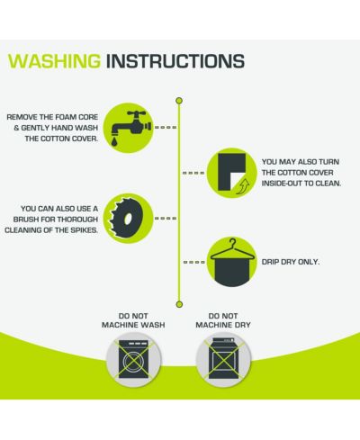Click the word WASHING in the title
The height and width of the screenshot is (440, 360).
(x=54, y=61)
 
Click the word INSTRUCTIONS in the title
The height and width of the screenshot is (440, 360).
(x=175, y=61)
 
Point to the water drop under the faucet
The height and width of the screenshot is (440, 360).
(x=114, y=142)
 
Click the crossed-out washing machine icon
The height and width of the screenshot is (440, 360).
(x=133, y=359)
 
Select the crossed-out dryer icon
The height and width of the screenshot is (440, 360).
(x=223, y=359)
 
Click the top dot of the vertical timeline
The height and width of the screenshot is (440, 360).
(x=179, y=101)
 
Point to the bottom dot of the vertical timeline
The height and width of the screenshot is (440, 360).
(x=179, y=304)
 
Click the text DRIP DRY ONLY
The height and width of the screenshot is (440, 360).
(x=291, y=262)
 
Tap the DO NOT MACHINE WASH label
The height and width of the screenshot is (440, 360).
(x=133, y=320)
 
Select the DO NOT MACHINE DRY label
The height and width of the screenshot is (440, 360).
(x=223, y=320)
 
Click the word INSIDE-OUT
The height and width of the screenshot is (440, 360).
(x=282, y=184)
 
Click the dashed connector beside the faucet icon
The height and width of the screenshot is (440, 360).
(x=166, y=128)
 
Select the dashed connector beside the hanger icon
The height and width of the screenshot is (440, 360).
(x=194, y=262)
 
